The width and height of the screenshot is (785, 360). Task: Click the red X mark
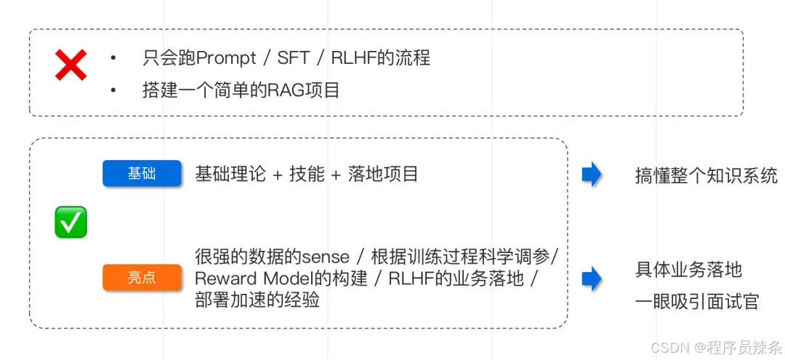pos(71,65)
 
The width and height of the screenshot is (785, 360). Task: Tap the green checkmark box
pos(71,222)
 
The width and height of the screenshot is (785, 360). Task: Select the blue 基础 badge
pos(142,174)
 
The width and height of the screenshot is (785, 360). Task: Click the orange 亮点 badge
pos(142,278)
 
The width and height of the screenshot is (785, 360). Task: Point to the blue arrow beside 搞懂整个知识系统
pos(592,175)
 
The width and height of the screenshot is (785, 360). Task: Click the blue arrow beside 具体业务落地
pos(592,279)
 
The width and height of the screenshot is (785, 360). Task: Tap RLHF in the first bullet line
pos(353,57)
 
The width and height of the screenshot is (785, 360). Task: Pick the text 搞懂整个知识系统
pos(706,175)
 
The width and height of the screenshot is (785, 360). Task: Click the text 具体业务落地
pos(688,270)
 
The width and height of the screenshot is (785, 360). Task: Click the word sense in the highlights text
pos(326,257)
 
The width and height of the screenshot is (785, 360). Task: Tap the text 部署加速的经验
pos(257,300)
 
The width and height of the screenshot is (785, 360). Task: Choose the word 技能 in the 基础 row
pos(307,175)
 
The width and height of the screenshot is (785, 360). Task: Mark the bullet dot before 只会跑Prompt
pos(113,57)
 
